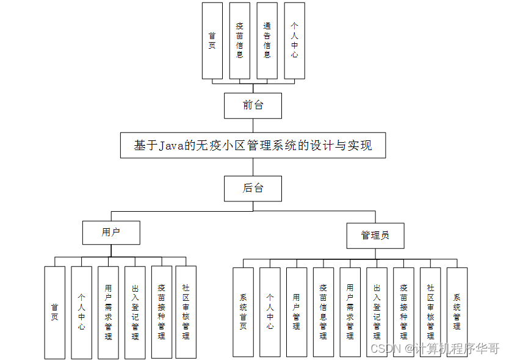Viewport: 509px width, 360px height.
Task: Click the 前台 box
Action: pyautogui.click(x=253, y=106)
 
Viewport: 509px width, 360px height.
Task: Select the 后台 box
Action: pyautogui.click(x=253, y=189)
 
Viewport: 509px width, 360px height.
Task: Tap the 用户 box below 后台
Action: pyautogui.click(x=111, y=232)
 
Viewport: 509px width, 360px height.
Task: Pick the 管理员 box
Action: pyautogui.click(x=375, y=236)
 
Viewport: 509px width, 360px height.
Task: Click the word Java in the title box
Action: pyautogui.click(x=172, y=146)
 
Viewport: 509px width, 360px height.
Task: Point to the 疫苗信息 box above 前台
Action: pyautogui.click(x=240, y=40)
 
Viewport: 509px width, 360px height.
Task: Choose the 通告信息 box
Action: pyautogui.click(x=267, y=40)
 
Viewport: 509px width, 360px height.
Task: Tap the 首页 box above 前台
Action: pyautogui.click(x=212, y=40)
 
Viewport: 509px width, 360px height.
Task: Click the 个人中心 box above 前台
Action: pyautogui.click(x=294, y=40)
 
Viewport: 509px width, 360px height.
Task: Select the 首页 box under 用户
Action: pyautogui.click(x=54, y=312)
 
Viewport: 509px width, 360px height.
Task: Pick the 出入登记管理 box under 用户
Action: pyautogui.click(x=135, y=312)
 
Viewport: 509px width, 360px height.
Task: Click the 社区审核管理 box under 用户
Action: pyautogui.click(x=186, y=312)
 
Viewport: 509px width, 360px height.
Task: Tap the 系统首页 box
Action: pyautogui.click(x=243, y=312)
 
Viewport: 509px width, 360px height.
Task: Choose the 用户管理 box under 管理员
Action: pyautogui.click(x=297, y=312)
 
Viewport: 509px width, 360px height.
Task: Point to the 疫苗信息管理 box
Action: pyautogui.click(x=323, y=312)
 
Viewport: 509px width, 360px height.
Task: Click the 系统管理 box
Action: pyautogui.click(x=457, y=312)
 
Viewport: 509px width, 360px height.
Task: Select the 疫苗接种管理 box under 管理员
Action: pyautogui.click(x=403, y=312)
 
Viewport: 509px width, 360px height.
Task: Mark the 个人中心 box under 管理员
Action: pyautogui.click(x=270, y=312)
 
